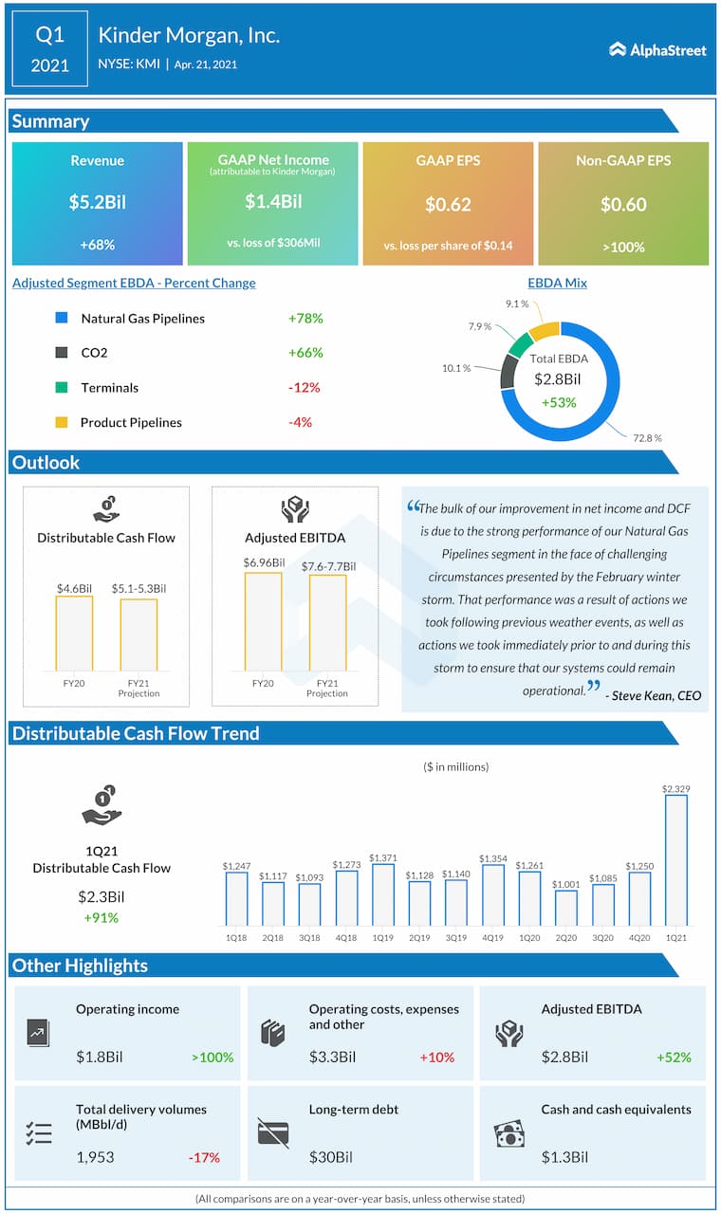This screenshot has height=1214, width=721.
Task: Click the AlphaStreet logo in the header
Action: (657, 49)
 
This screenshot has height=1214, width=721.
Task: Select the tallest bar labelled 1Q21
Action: (675, 859)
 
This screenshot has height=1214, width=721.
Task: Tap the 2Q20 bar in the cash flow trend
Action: (565, 908)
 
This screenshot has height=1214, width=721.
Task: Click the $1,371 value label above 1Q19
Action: (382, 856)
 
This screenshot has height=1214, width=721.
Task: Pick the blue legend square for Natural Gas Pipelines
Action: (62, 319)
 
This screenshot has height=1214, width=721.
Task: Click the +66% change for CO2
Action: (305, 353)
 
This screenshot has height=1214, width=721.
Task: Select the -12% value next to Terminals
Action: (304, 388)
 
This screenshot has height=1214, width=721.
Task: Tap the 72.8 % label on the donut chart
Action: (647, 437)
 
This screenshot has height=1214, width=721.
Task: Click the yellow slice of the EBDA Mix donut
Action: (545, 330)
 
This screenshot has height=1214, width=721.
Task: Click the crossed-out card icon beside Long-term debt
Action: (273, 1132)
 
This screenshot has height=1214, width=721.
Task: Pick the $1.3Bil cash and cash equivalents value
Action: (564, 1157)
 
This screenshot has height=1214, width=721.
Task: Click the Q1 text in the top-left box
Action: (49, 36)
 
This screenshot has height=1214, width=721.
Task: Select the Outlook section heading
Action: (46, 463)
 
